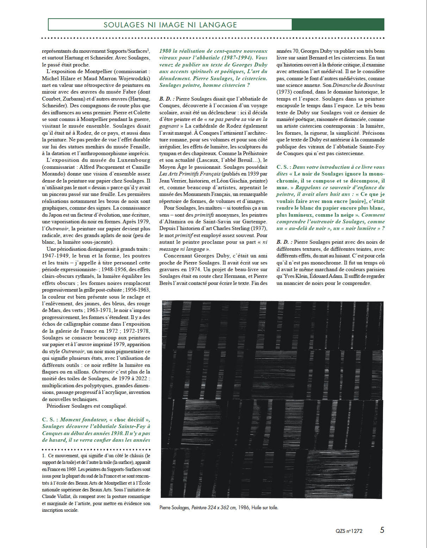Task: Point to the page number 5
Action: coord(382,530)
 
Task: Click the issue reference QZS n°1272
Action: coord(349,531)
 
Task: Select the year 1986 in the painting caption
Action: coord(244,508)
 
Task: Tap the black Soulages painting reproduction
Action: coord(272,399)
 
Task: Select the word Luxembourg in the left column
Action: coord(134,160)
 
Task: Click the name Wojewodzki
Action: coord(134,78)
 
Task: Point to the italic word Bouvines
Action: coord(373,85)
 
